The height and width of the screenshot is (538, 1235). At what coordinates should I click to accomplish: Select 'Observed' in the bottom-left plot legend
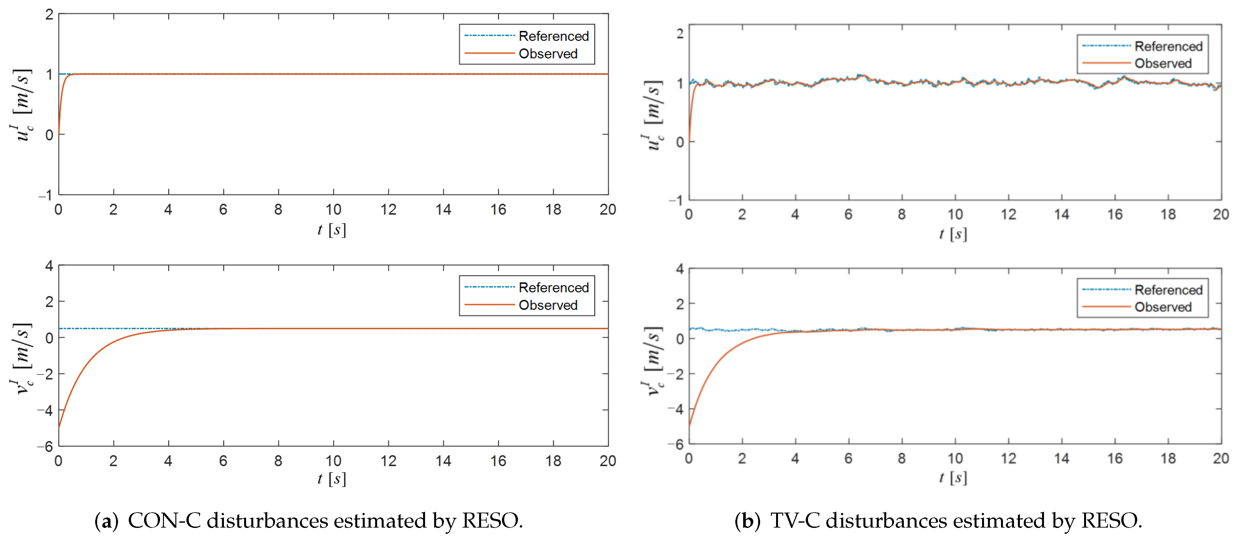pos(548,305)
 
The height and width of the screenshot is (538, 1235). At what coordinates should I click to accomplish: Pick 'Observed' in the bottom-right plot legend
pos(1163,307)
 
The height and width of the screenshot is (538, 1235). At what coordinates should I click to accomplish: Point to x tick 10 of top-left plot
pos(333,209)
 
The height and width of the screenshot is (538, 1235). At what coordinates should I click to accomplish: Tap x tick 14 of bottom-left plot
pos(443,461)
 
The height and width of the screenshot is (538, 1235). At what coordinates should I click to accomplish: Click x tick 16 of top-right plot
pos(1115,214)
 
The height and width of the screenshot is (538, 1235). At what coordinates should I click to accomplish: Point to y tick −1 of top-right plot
pos(676,200)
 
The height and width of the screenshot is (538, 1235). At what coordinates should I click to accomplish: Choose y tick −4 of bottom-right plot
pos(676,409)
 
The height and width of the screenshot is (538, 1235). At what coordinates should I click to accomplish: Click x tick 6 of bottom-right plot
pos(848,459)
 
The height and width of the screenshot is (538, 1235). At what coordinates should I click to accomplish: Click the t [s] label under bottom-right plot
pos(953,478)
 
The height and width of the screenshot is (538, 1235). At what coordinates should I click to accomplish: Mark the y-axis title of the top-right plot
pos(653,115)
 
